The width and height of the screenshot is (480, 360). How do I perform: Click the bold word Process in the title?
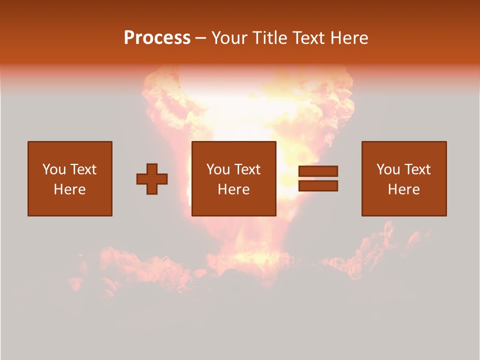pos(157,38)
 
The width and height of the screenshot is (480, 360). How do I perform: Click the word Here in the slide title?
pos(350,38)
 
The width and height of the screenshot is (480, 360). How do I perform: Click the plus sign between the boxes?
pos(152,179)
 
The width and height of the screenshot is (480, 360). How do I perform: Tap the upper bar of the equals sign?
pos(318,171)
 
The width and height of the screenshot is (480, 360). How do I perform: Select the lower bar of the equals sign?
pos(318,186)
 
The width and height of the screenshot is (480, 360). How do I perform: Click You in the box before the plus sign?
pos(54,169)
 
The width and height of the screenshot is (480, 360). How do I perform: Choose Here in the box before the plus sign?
pos(69,189)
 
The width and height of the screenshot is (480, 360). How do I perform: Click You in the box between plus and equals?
pos(218,169)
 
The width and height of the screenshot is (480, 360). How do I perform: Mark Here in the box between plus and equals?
pos(233,189)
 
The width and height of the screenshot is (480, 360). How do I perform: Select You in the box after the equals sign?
pos(388,169)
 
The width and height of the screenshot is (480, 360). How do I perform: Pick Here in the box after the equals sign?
pos(403,189)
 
